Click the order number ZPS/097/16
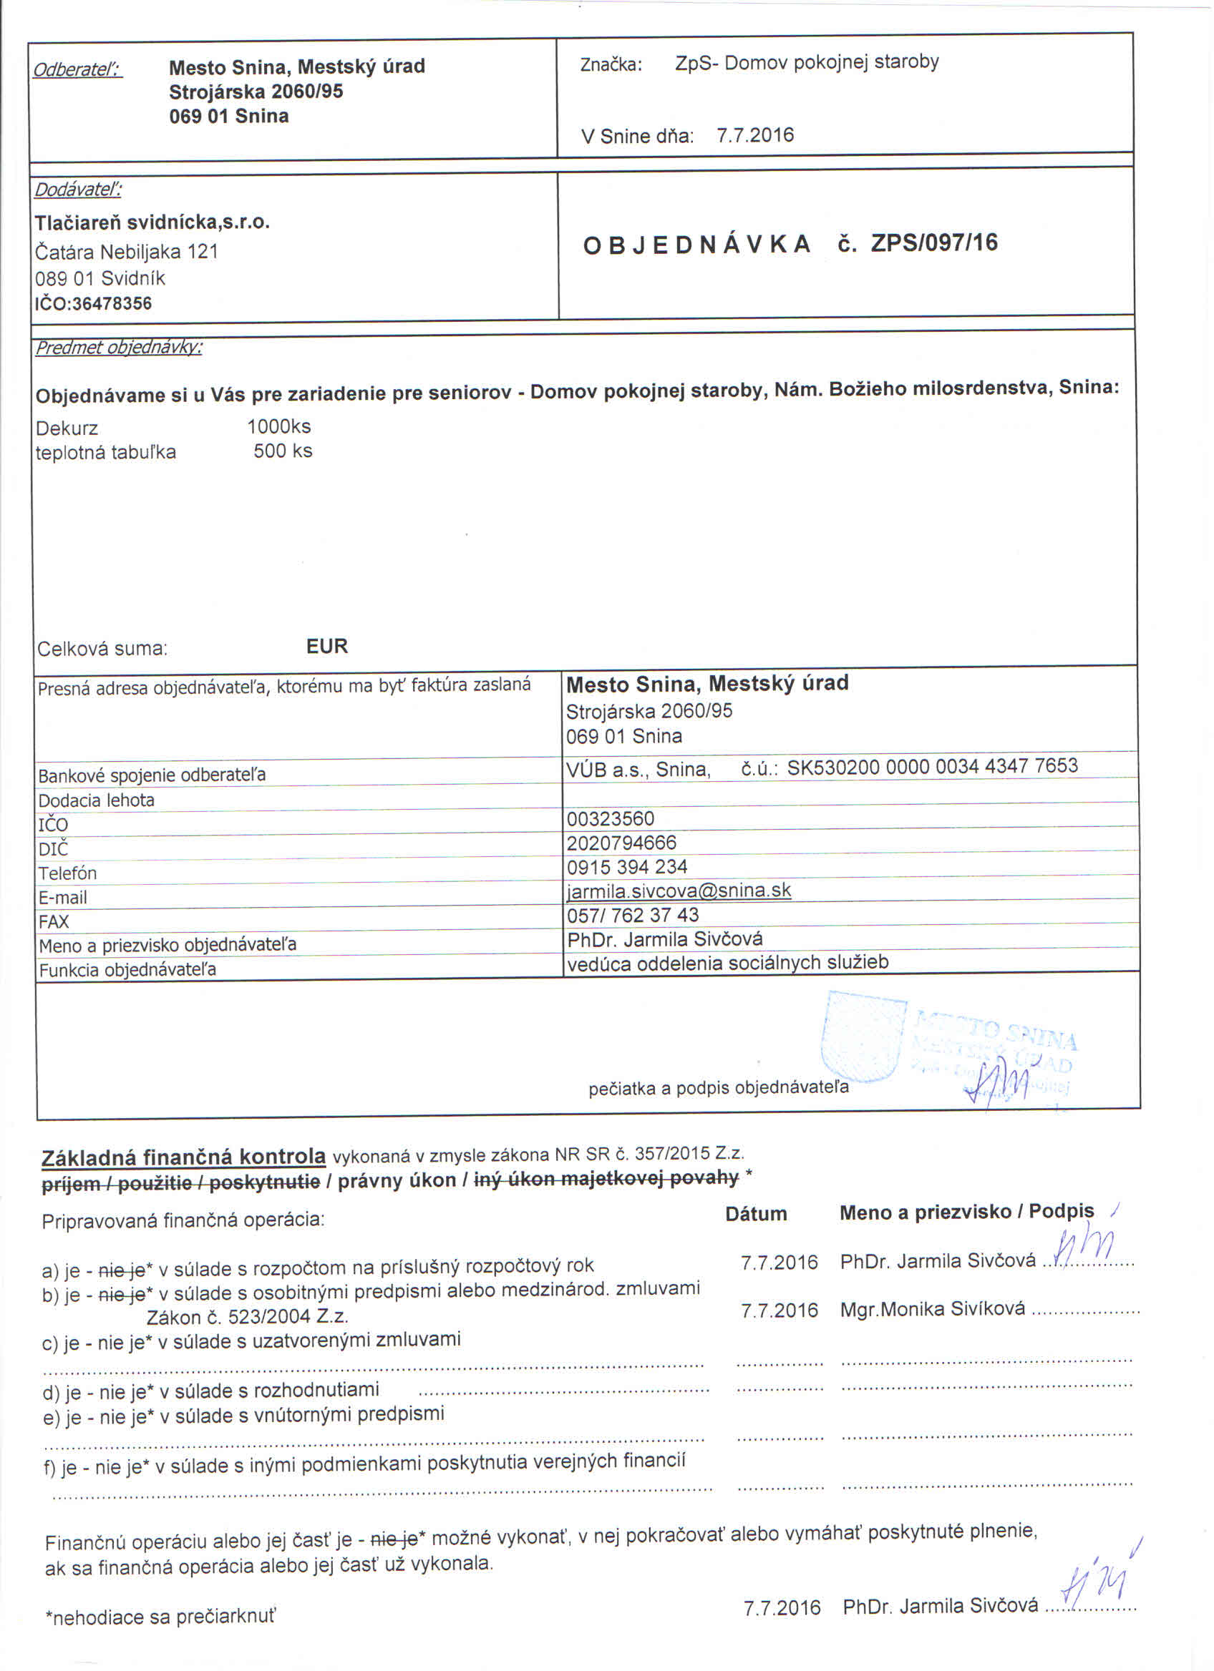(x=934, y=243)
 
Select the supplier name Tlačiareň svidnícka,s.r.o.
(x=152, y=222)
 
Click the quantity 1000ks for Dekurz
(x=278, y=426)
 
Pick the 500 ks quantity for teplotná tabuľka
(x=282, y=451)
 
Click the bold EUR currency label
(x=326, y=646)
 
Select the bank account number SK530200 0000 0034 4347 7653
(x=932, y=766)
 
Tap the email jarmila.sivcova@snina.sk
(x=678, y=891)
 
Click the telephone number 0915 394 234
(x=626, y=866)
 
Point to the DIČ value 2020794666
(x=621, y=842)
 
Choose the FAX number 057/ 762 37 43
(x=633, y=915)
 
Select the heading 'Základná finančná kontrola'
(x=183, y=1157)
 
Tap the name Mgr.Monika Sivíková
(x=932, y=1308)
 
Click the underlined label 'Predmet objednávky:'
(x=119, y=347)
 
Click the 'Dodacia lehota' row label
(x=97, y=800)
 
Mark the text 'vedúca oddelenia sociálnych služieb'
(x=727, y=963)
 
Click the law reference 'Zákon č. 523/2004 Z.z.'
(x=248, y=1317)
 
